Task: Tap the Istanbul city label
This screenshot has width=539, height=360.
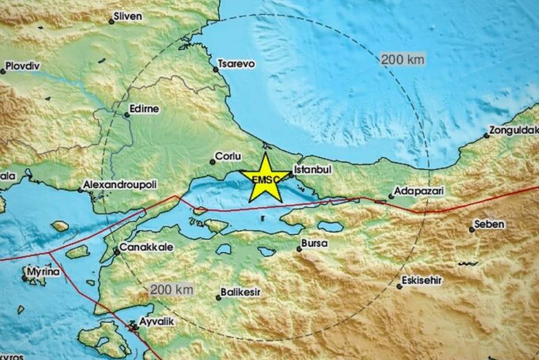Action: (313, 170)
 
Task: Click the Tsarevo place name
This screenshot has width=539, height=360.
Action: (236, 64)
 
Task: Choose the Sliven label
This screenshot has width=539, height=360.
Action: (129, 17)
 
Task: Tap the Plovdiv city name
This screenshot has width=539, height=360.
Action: (22, 67)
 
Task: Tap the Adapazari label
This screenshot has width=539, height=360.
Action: (420, 192)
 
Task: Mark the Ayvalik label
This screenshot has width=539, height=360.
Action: (149, 323)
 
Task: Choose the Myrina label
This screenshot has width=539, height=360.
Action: (43, 272)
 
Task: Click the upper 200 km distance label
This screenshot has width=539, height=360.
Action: (402, 59)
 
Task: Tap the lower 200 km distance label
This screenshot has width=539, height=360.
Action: (172, 290)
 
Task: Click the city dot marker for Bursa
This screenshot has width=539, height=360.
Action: (299, 249)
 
